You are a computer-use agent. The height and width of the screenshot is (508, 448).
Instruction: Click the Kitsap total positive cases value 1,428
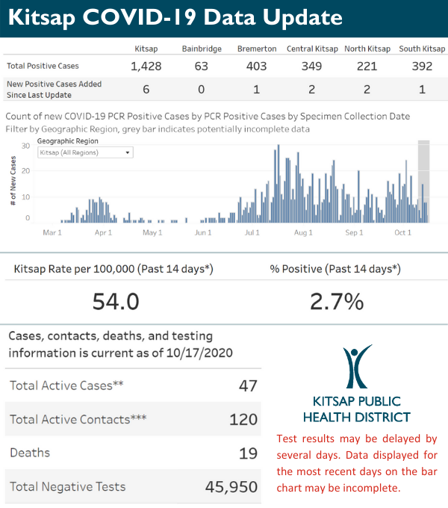click(146, 66)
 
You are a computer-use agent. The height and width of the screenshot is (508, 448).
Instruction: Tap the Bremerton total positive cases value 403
click(256, 66)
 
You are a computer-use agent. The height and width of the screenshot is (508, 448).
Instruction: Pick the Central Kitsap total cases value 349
click(311, 66)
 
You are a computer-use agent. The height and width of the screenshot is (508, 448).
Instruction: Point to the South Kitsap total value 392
click(422, 66)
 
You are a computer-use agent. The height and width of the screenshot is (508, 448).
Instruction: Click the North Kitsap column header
click(367, 49)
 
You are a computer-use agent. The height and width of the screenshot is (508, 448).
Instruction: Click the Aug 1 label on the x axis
click(303, 233)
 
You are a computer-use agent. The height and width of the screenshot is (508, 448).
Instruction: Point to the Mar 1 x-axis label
click(52, 233)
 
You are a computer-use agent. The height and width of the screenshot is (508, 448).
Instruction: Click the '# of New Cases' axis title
click(13, 182)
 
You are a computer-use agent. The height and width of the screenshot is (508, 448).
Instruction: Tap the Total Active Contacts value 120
click(243, 420)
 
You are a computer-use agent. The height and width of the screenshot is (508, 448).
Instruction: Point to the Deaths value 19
click(249, 453)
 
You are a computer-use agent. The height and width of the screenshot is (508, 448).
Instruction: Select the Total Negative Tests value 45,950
click(231, 487)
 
